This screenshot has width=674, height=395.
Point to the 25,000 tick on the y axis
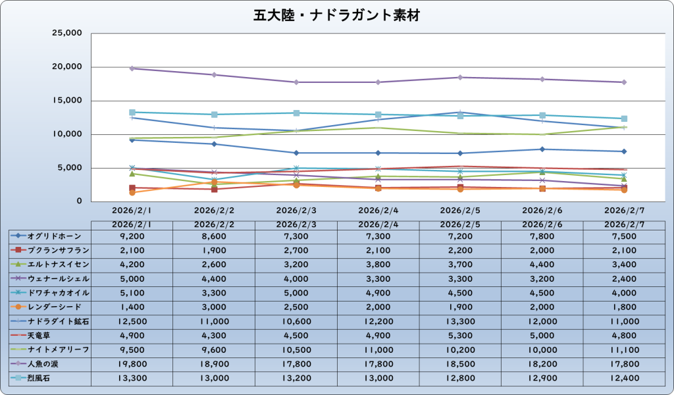(x=66, y=33)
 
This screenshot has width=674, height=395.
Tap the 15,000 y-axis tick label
(x=66, y=101)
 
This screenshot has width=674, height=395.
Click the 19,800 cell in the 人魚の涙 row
(x=132, y=363)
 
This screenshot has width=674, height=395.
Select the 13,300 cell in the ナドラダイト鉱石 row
(x=460, y=321)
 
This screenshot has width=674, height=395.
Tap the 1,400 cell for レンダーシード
(x=132, y=307)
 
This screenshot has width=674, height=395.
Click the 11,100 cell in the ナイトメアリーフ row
(x=624, y=349)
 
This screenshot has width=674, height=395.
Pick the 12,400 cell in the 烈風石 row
(x=624, y=377)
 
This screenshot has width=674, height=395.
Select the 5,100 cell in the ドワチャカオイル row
(x=132, y=292)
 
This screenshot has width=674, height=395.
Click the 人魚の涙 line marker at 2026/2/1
(x=132, y=68)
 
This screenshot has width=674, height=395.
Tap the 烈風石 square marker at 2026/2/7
(x=624, y=118)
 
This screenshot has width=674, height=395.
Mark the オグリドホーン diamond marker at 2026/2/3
(x=296, y=153)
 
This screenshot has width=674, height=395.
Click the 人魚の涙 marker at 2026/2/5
(x=460, y=78)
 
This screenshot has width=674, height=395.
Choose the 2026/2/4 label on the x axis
(x=378, y=211)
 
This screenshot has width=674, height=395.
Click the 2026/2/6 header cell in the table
(x=542, y=224)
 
